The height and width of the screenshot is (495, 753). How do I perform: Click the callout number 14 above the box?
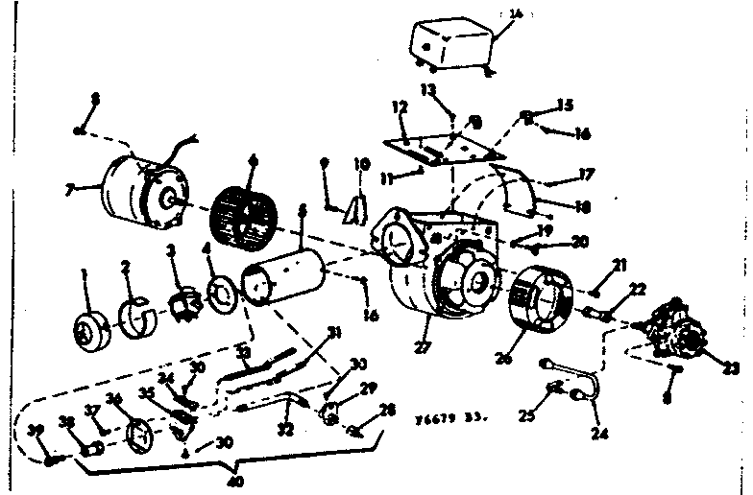(x=517, y=14)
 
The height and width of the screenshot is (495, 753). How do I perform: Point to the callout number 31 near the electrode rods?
(x=333, y=333)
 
